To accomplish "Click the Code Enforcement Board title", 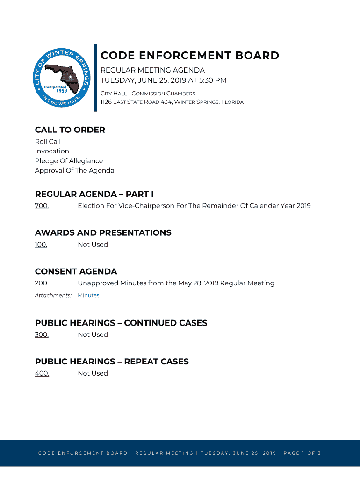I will (190, 56).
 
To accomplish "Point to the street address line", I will (172, 102).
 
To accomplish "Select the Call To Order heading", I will (70, 130).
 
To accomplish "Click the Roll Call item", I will (48, 142).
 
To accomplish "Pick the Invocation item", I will (52, 151).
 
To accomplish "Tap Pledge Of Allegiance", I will (69, 161).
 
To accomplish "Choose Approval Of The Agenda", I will (74, 170).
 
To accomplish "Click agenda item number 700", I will (42, 206).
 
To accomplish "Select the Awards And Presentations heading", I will (103, 233).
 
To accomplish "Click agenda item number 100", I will (41, 245).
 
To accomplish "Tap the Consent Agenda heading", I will (76, 272).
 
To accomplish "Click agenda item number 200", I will (42, 283).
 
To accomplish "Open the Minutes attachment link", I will (88, 295).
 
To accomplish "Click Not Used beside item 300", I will (93, 334).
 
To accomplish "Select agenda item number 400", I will (42, 373).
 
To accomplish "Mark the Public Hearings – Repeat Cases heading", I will (112, 362).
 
